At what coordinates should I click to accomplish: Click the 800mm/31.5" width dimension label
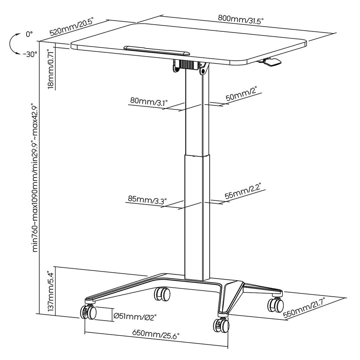(x=241, y=19)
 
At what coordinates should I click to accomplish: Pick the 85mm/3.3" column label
(x=147, y=200)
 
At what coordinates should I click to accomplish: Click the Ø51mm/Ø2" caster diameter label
(x=135, y=316)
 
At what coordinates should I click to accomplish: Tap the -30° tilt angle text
(x=30, y=55)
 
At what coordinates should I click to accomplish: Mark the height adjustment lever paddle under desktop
(x=272, y=62)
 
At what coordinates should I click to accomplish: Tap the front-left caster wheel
(x=88, y=312)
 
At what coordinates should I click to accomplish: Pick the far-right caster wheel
(x=276, y=304)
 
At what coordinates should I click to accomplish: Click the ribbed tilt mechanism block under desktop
(x=187, y=64)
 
